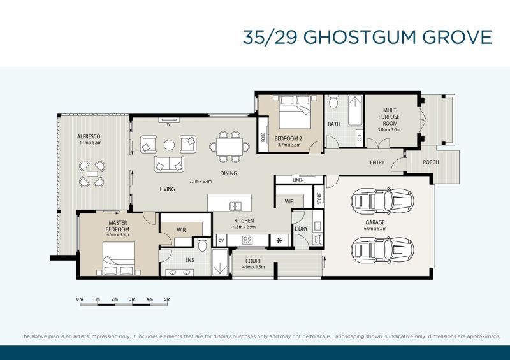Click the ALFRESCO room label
[x=89, y=136]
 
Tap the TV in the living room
[x=169, y=120]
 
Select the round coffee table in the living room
[x=169, y=145]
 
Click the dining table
[x=229, y=147]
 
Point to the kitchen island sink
[x=235, y=206]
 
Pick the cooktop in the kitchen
[x=247, y=240]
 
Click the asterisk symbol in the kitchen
[x=279, y=241]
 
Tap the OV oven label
[x=221, y=241]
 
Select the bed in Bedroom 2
[x=295, y=112]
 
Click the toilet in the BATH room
[x=333, y=102]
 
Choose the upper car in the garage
[x=382, y=201]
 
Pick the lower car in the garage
[x=382, y=250]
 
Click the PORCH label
[x=431, y=162]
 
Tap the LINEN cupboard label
[x=298, y=180]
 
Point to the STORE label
[x=319, y=198]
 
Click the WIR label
[x=181, y=230]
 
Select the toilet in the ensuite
[x=202, y=245]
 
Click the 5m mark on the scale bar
[x=167, y=299]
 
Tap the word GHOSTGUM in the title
[x=360, y=37]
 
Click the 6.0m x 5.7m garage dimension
[x=375, y=229]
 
